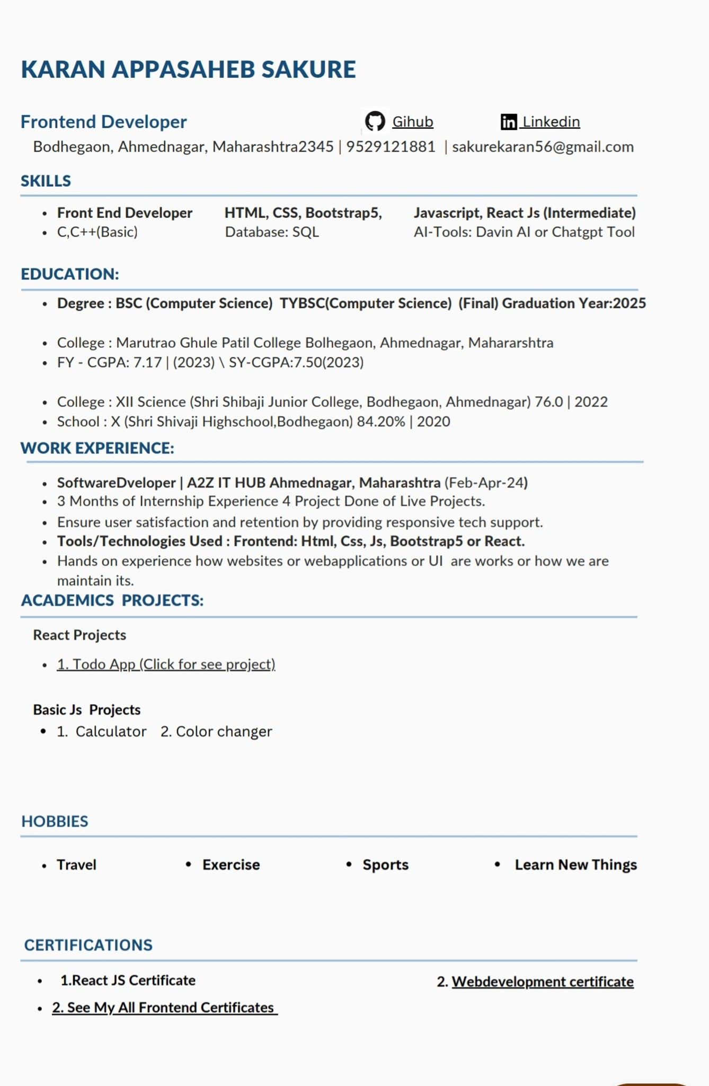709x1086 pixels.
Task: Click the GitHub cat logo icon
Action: click(x=375, y=121)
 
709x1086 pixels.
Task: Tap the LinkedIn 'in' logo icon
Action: click(x=508, y=122)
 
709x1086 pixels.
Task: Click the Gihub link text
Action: click(x=412, y=122)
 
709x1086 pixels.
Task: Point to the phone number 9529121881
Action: click(x=391, y=147)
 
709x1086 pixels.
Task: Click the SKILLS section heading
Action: click(x=46, y=181)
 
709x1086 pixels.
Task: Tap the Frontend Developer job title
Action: click(x=103, y=122)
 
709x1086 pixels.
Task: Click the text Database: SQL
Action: click(x=272, y=232)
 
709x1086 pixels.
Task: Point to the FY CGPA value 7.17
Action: click(x=147, y=363)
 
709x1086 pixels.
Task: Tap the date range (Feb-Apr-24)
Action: click(x=486, y=483)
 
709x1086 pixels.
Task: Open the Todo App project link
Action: click(x=166, y=664)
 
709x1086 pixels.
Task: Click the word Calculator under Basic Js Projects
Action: click(x=111, y=732)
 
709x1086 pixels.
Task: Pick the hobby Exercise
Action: click(x=231, y=865)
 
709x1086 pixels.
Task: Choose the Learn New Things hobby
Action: click(x=575, y=865)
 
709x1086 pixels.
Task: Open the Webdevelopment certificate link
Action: click(x=542, y=982)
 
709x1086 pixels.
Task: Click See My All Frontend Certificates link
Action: click(x=164, y=1008)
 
